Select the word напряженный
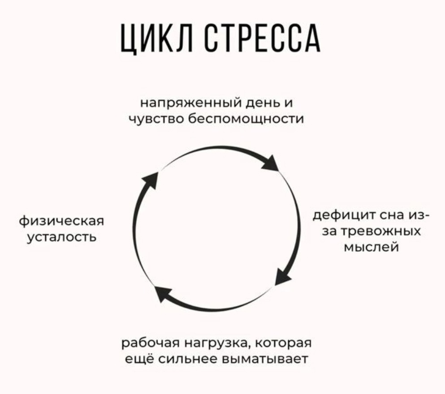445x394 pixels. pyautogui.click(x=191, y=103)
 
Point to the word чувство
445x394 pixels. pyautogui.click(x=157, y=119)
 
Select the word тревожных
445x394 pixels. pyautogui.click(x=380, y=231)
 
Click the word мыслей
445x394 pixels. pyautogui.click(x=371, y=247)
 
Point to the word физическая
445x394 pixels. pyautogui.click(x=61, y=221)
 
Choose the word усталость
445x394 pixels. pyautogui.click(x=61, y=237)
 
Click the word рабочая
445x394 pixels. pyautogui.click(x=151, y=343)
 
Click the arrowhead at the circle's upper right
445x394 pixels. pyautogui.click(x=271, y=163)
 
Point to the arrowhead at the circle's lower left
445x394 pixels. pyautogui.click(x=163, y=295)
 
